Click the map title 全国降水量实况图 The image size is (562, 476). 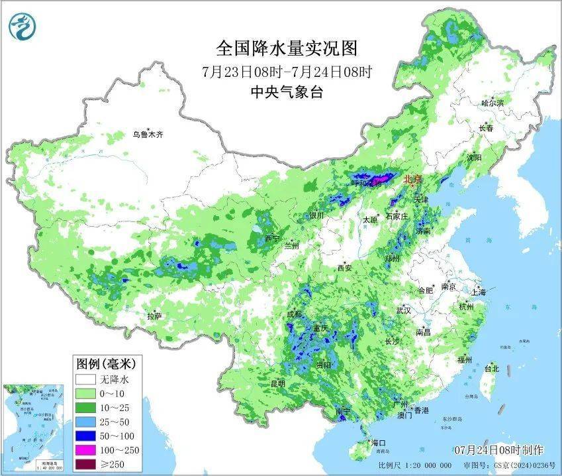pos(287,48)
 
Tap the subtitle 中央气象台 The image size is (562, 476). pos(287,92)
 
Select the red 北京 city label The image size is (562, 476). pos(412,178)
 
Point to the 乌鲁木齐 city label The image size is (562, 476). pos(147,134)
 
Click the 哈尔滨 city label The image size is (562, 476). pos(492,103)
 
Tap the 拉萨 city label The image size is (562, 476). pos(154,316)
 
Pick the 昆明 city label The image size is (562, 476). pos(277,383)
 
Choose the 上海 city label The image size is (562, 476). pos(479,292)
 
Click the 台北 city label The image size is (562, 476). pos(491,368)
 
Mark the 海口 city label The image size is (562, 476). pos(379,442)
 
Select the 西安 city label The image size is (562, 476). pos(345,268)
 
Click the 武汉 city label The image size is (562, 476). pos(404,310)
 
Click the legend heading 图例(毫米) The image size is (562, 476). pos(106,363)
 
